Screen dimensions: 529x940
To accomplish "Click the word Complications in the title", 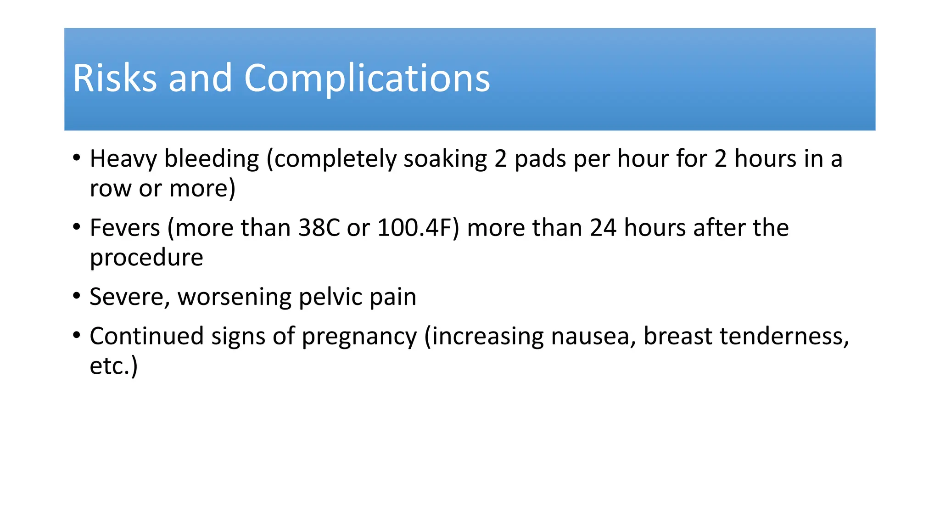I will [367, 79].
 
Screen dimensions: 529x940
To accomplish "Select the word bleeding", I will [212, 159].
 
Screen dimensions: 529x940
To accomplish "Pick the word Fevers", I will [125, 228].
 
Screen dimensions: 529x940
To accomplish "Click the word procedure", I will [146, 258].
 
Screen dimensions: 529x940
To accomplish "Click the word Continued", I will [146, 336].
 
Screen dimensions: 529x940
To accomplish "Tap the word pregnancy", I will [359, 337].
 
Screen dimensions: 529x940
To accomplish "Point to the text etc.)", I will [113, 366].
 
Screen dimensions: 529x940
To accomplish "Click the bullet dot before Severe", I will [77, 295].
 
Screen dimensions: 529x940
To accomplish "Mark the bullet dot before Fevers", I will [77, 226].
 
